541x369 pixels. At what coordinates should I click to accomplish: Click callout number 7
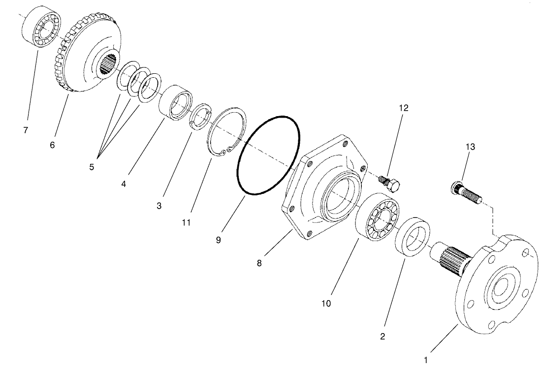pyautogui.click(x=25, y=130)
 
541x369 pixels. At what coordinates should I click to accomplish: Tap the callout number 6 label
pyautogui.click(x=53, y=145)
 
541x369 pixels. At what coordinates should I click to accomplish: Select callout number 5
pyautogui.click(x=92, y=167)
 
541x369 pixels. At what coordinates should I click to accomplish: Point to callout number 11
pyautogui.click(x=186, y=222)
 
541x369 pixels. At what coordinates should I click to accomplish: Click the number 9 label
pyautogui.click(x=218, y=240)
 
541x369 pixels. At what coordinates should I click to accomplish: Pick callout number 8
pyautogui.click(x=259, y=263)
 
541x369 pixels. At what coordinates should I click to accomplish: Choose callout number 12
pyautogui.click(x=404, y=108)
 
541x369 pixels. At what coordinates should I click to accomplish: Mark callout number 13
pyautogui.click(x=471, y=147)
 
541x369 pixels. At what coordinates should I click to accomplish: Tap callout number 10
pyautogui.click(x=326, y=303)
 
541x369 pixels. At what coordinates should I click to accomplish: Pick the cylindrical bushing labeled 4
pyautogui.click(x=175, y=102)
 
